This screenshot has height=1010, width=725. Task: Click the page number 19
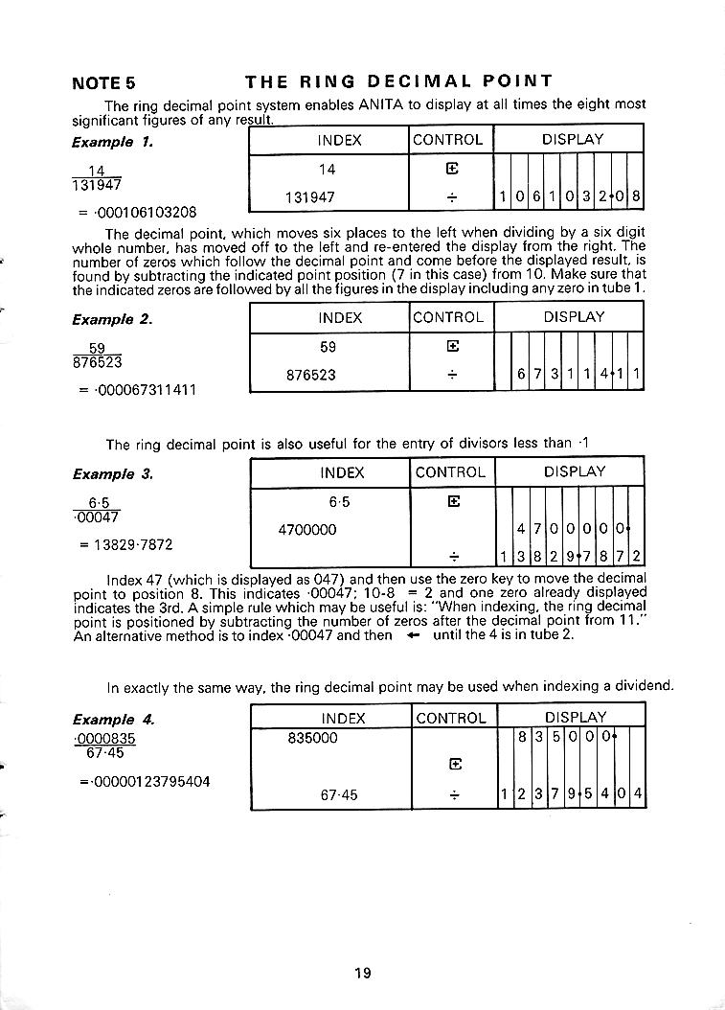pos(361,974)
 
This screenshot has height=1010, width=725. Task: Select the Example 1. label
pos(113,142)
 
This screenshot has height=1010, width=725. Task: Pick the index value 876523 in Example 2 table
pos(311,376)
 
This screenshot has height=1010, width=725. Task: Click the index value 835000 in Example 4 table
pos(312,739)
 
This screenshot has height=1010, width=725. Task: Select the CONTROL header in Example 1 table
pos(447,140)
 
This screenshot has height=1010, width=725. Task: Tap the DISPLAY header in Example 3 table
pos(574,471)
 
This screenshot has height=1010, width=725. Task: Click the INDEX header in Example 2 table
pos(340,317)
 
